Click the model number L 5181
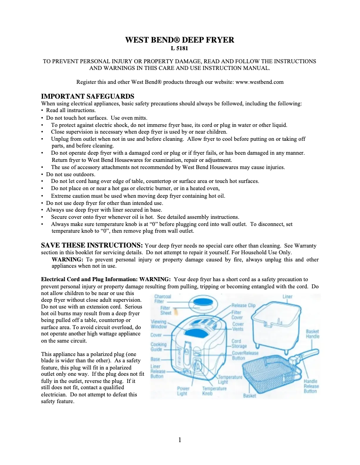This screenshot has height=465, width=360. pyautogui.click(x=180, y=48)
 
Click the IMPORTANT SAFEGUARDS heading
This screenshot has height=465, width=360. pyautogui.click(x=88, y=96)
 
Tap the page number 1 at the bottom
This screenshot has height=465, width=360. pyautogui.click(x=180, y=439)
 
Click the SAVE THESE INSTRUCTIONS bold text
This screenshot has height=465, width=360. pyautogui.click(x=92, y=245)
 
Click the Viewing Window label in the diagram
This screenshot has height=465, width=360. pyautogui.click(x=158, y=324)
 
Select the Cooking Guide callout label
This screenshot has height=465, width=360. pyautogui.click(x=157, y=347)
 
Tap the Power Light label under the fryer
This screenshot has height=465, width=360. pyautogui.click(x=183, y=391)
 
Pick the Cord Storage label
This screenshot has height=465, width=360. pyautogui.click(x=239, y=343)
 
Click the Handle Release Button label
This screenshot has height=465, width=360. pyautogui.click(x=311, y=386)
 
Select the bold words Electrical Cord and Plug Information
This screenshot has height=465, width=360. pyautogui.click(x=89, y=278)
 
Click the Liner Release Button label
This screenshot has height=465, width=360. pyautogui.click(x=157, y=371)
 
